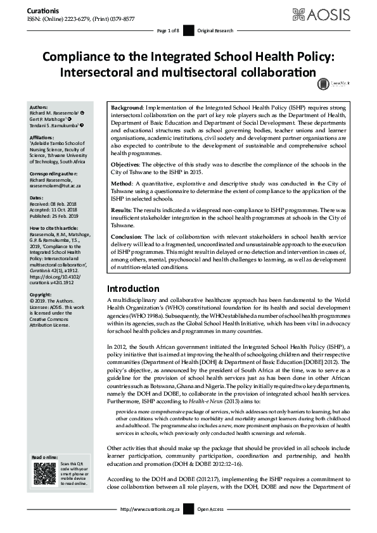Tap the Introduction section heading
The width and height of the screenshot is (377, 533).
point(137,289)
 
